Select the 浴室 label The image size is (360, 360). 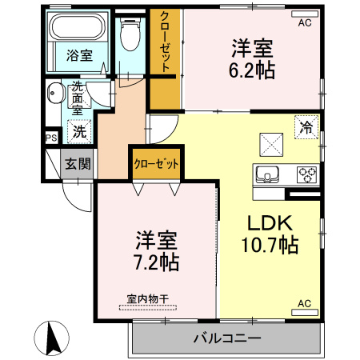tap(79, 55)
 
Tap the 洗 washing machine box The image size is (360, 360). tap(80, 129)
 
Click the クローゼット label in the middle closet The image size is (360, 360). tap(156, 164)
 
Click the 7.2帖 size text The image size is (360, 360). tap(157, 262)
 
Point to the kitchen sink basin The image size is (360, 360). tap(266, 173)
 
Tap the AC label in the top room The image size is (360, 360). tap(305, 23)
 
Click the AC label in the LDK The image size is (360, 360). tap(305, 303)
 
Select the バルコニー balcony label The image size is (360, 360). tap(227, 339)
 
